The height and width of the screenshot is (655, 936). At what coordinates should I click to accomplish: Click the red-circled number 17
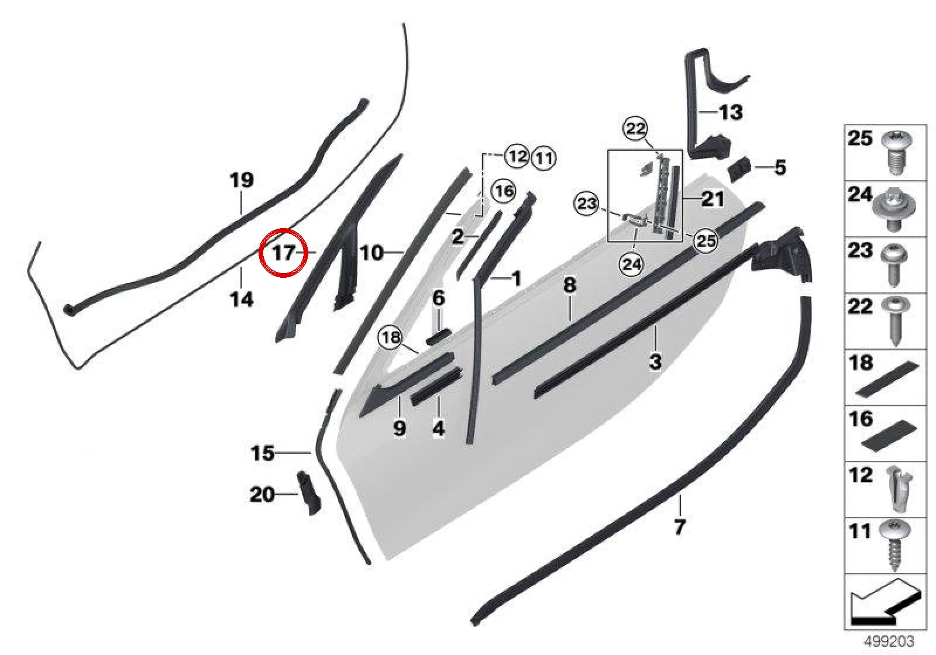click(x=284, y=253)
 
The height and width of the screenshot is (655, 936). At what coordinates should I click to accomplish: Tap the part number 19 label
click(x=242, y=180)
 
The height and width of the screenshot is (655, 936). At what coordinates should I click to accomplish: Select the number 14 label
click(x=242, y=299)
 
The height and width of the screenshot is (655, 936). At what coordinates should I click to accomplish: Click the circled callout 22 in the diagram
click(x=636, y=128)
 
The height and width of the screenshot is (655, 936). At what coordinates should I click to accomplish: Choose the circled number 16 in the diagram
click(x=504, y=191)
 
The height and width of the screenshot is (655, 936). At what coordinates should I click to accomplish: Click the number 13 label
click(x=731, y=112)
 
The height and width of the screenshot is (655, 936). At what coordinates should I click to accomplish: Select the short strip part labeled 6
click(x=438, y=336)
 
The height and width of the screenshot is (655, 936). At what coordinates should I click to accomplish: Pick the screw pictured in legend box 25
click(x=894, y=153)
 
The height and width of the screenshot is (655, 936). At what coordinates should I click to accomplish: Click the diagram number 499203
click(x=889, y=641)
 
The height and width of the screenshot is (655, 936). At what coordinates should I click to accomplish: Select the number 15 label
click(x=263, y=453)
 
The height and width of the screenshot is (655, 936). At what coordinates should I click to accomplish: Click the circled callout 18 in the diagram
click(x=391, y=337)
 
